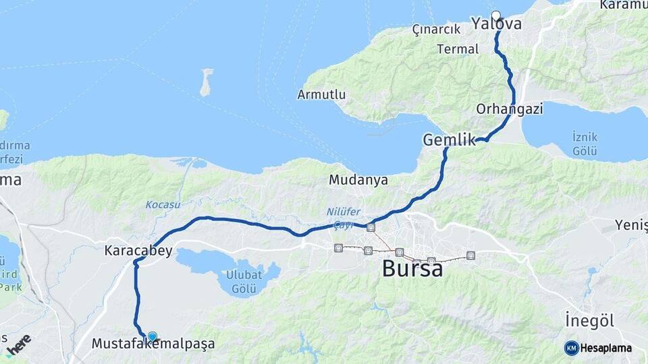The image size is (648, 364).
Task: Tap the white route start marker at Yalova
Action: click(x=496, y=16)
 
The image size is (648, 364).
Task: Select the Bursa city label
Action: click(x=412, y=268)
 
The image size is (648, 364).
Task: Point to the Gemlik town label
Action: click(x=445, y=140)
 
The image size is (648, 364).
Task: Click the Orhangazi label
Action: click(x=510, y=109)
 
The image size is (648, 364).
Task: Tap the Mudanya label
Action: click(x=358, y=180)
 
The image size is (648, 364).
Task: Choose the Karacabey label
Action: click(x=138, y=251)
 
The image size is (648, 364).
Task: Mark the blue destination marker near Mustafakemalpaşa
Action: click(x=152, y=336)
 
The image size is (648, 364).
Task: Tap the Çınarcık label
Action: click(x=436, y=29)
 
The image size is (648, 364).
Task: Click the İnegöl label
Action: click(x=589, y=320)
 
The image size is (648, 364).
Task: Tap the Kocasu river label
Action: click(x=163, y=204)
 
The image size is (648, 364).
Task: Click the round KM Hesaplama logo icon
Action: click(x=571, y=348)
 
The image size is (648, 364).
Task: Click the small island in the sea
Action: click(x=206, y=82)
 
